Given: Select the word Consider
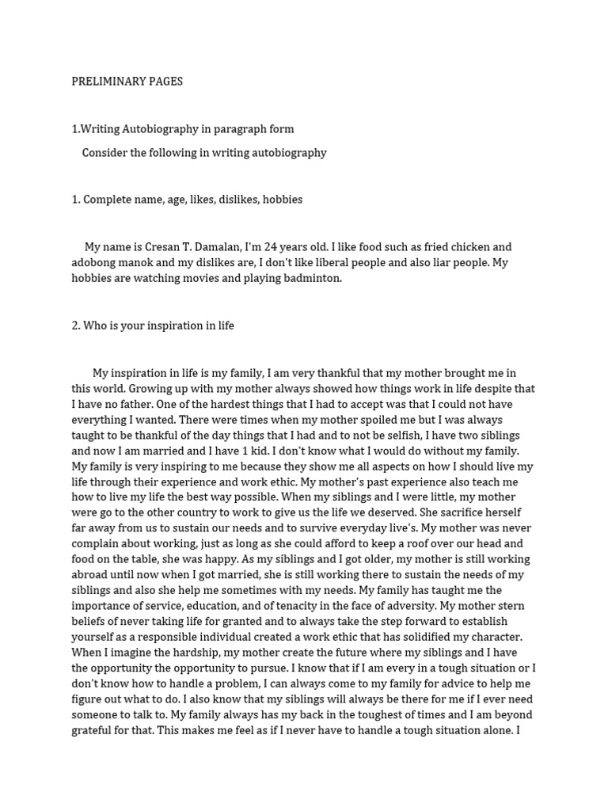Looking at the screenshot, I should coord(107,153).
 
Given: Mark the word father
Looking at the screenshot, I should coord(133,404).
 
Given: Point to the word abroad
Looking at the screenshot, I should coord(90,574).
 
